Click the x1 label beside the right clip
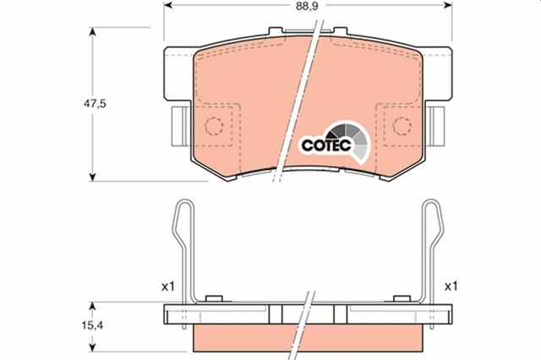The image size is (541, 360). (450, 286)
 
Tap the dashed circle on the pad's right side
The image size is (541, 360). (402, 128)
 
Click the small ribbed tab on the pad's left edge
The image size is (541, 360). (180, 126)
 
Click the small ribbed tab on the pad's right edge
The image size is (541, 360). (436, 126)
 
